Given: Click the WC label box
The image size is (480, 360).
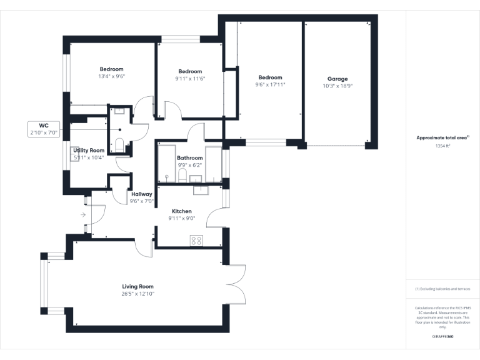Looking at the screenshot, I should pyautogui.click(x=44, y=129).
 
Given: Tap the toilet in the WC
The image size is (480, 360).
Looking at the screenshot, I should pyautogui.click(x=119, y=147).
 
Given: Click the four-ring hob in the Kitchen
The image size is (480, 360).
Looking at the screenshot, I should pyautogui.click(x=196, y=240).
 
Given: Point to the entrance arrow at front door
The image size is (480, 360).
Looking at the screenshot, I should pyautogui.click(x=83, y=214).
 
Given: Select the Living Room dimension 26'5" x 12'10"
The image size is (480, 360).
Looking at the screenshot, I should pyautogui.click(x=137, y=294).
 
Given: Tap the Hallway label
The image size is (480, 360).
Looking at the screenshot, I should pyautogui.click(x=141, y=194).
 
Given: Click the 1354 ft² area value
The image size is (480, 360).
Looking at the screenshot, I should pyautogui.click(x=442, y=145).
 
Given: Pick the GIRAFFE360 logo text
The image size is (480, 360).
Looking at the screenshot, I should pyautogui.click(x=442, y=336).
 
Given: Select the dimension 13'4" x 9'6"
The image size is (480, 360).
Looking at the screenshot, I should pyautogui.click(x=112, y=76).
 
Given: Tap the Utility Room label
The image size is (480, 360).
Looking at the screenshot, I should pyautogui.click(x=89, y=151).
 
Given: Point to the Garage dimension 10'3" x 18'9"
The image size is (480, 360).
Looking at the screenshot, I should pyautogui.click(x=337, y=86).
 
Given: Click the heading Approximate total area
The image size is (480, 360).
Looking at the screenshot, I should pyautogui.click(x=442, y=137).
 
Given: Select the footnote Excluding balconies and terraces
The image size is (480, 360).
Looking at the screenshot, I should pyautogui.click(x=442, y=289).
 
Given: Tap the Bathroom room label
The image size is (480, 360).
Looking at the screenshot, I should pyautogui.click(x=189, y=158).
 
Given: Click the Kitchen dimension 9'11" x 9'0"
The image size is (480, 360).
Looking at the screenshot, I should pyautogui.click(x=182, y=219).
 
